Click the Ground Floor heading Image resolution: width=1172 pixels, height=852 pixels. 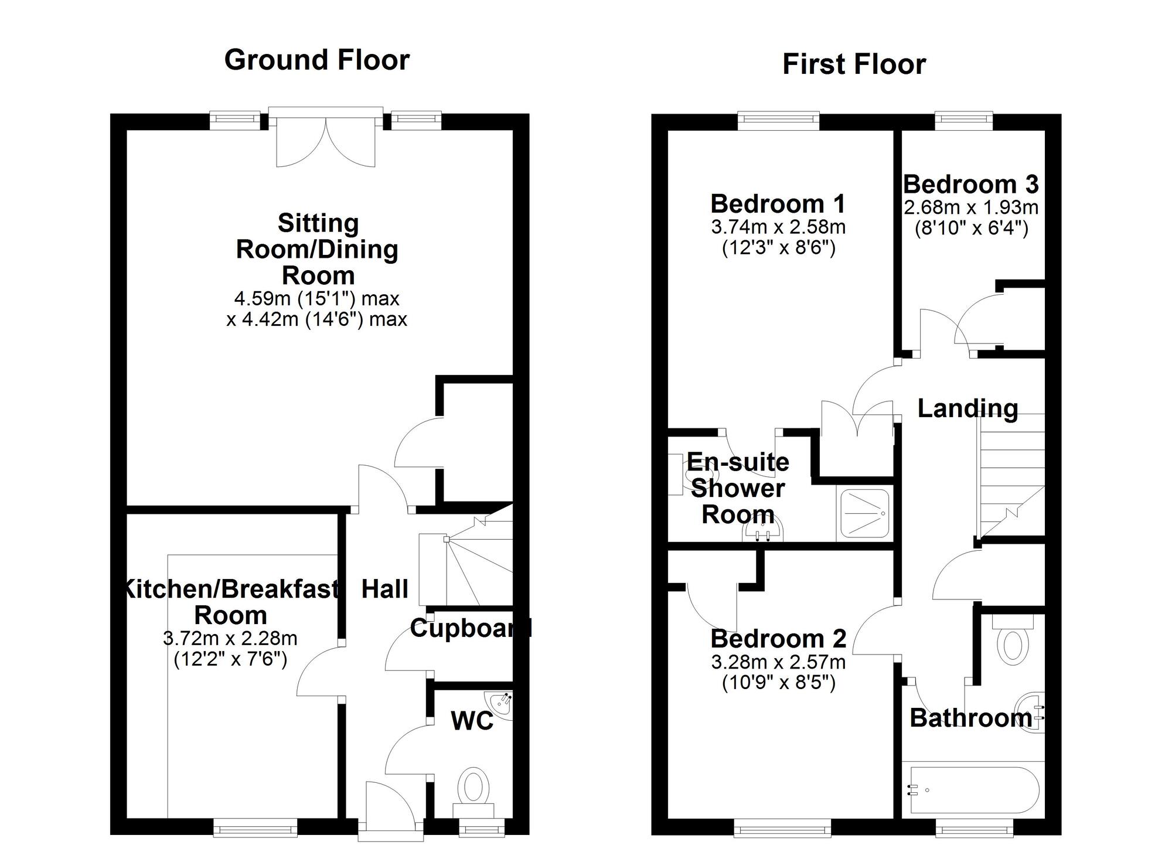point(317,60)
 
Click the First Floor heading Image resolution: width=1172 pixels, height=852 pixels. point(854,64)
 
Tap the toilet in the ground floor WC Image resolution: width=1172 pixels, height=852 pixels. point(473,787)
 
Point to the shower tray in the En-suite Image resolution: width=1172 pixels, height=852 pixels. point(865,513)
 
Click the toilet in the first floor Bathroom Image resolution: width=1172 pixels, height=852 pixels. point(1013,642)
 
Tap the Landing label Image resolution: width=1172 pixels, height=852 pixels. point(967,408)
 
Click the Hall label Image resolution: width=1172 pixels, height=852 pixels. point(384,589)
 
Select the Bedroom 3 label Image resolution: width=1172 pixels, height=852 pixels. point(971,185)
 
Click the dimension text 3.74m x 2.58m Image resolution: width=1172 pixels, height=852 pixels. point(778,227)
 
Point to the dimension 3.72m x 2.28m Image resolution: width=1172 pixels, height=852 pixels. point(230,638)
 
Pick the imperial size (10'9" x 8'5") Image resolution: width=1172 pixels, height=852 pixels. point(778,683)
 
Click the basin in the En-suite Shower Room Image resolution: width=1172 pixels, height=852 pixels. point(762,531)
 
